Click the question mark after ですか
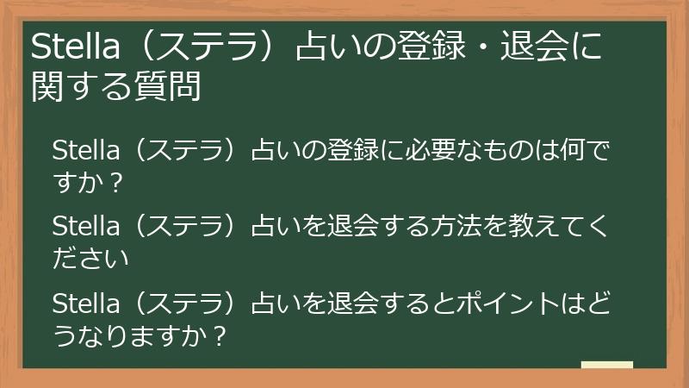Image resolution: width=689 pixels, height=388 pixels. click(117, 184)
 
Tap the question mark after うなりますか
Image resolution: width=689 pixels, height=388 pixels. click(218, 335)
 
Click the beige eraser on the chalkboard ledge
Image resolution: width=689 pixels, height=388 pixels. click(607, 366)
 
